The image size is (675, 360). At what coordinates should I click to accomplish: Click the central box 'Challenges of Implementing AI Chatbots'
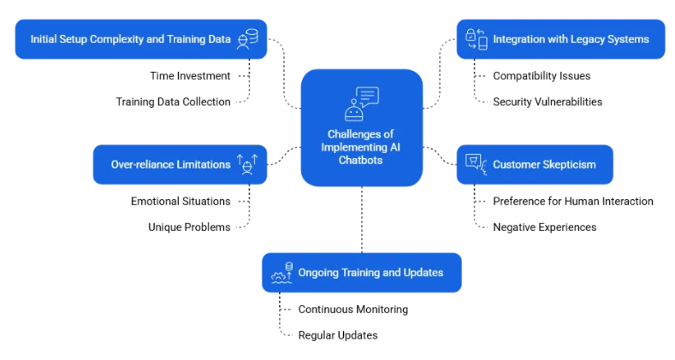point(361,128)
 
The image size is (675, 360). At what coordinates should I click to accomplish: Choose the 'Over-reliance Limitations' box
point(179,164)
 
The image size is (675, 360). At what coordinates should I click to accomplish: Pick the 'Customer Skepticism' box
point(533,164)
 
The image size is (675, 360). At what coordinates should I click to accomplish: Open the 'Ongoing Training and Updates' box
point(361,273)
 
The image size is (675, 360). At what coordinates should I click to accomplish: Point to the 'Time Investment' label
point(190,75)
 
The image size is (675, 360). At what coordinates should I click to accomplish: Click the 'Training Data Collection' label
point(173,102)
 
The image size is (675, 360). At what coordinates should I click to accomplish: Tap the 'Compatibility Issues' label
point(542,75)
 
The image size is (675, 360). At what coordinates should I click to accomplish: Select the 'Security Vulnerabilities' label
point(548,102)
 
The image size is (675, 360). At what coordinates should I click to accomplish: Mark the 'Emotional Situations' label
point(181,201)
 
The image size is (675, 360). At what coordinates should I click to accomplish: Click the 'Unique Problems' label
point(190,227)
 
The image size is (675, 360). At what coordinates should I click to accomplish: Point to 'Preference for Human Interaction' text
point(572,201)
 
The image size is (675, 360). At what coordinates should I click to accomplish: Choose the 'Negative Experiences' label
point(544,227)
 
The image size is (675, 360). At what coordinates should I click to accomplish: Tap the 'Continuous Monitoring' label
point(352,309)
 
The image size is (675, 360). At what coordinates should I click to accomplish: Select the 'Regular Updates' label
point(337,335)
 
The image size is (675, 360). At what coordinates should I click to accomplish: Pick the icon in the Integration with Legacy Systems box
point(476,39)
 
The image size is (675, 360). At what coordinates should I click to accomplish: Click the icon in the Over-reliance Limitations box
point(247,164)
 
